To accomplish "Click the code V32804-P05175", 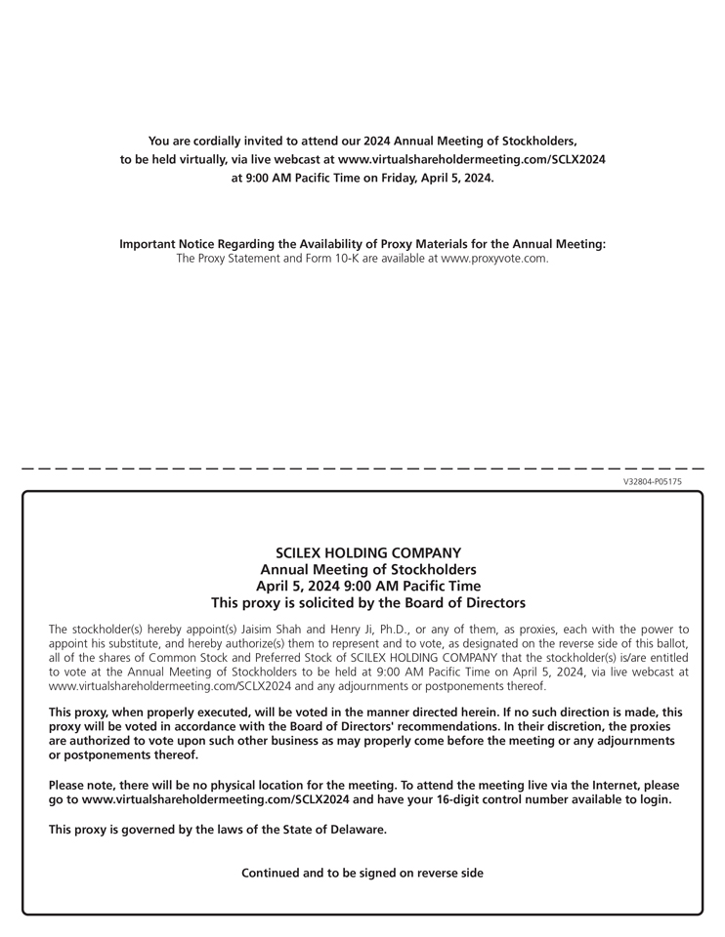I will pyautogui.click(x=652, y=482).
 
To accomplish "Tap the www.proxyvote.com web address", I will pyautogui.click(x=494, y=259).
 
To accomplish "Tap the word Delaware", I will pyautogui.click(x=356, y=830).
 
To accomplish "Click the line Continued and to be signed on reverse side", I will pyautogui.click(x=362, y=874).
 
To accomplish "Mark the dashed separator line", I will pyautogui.click(x=362, y=469).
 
